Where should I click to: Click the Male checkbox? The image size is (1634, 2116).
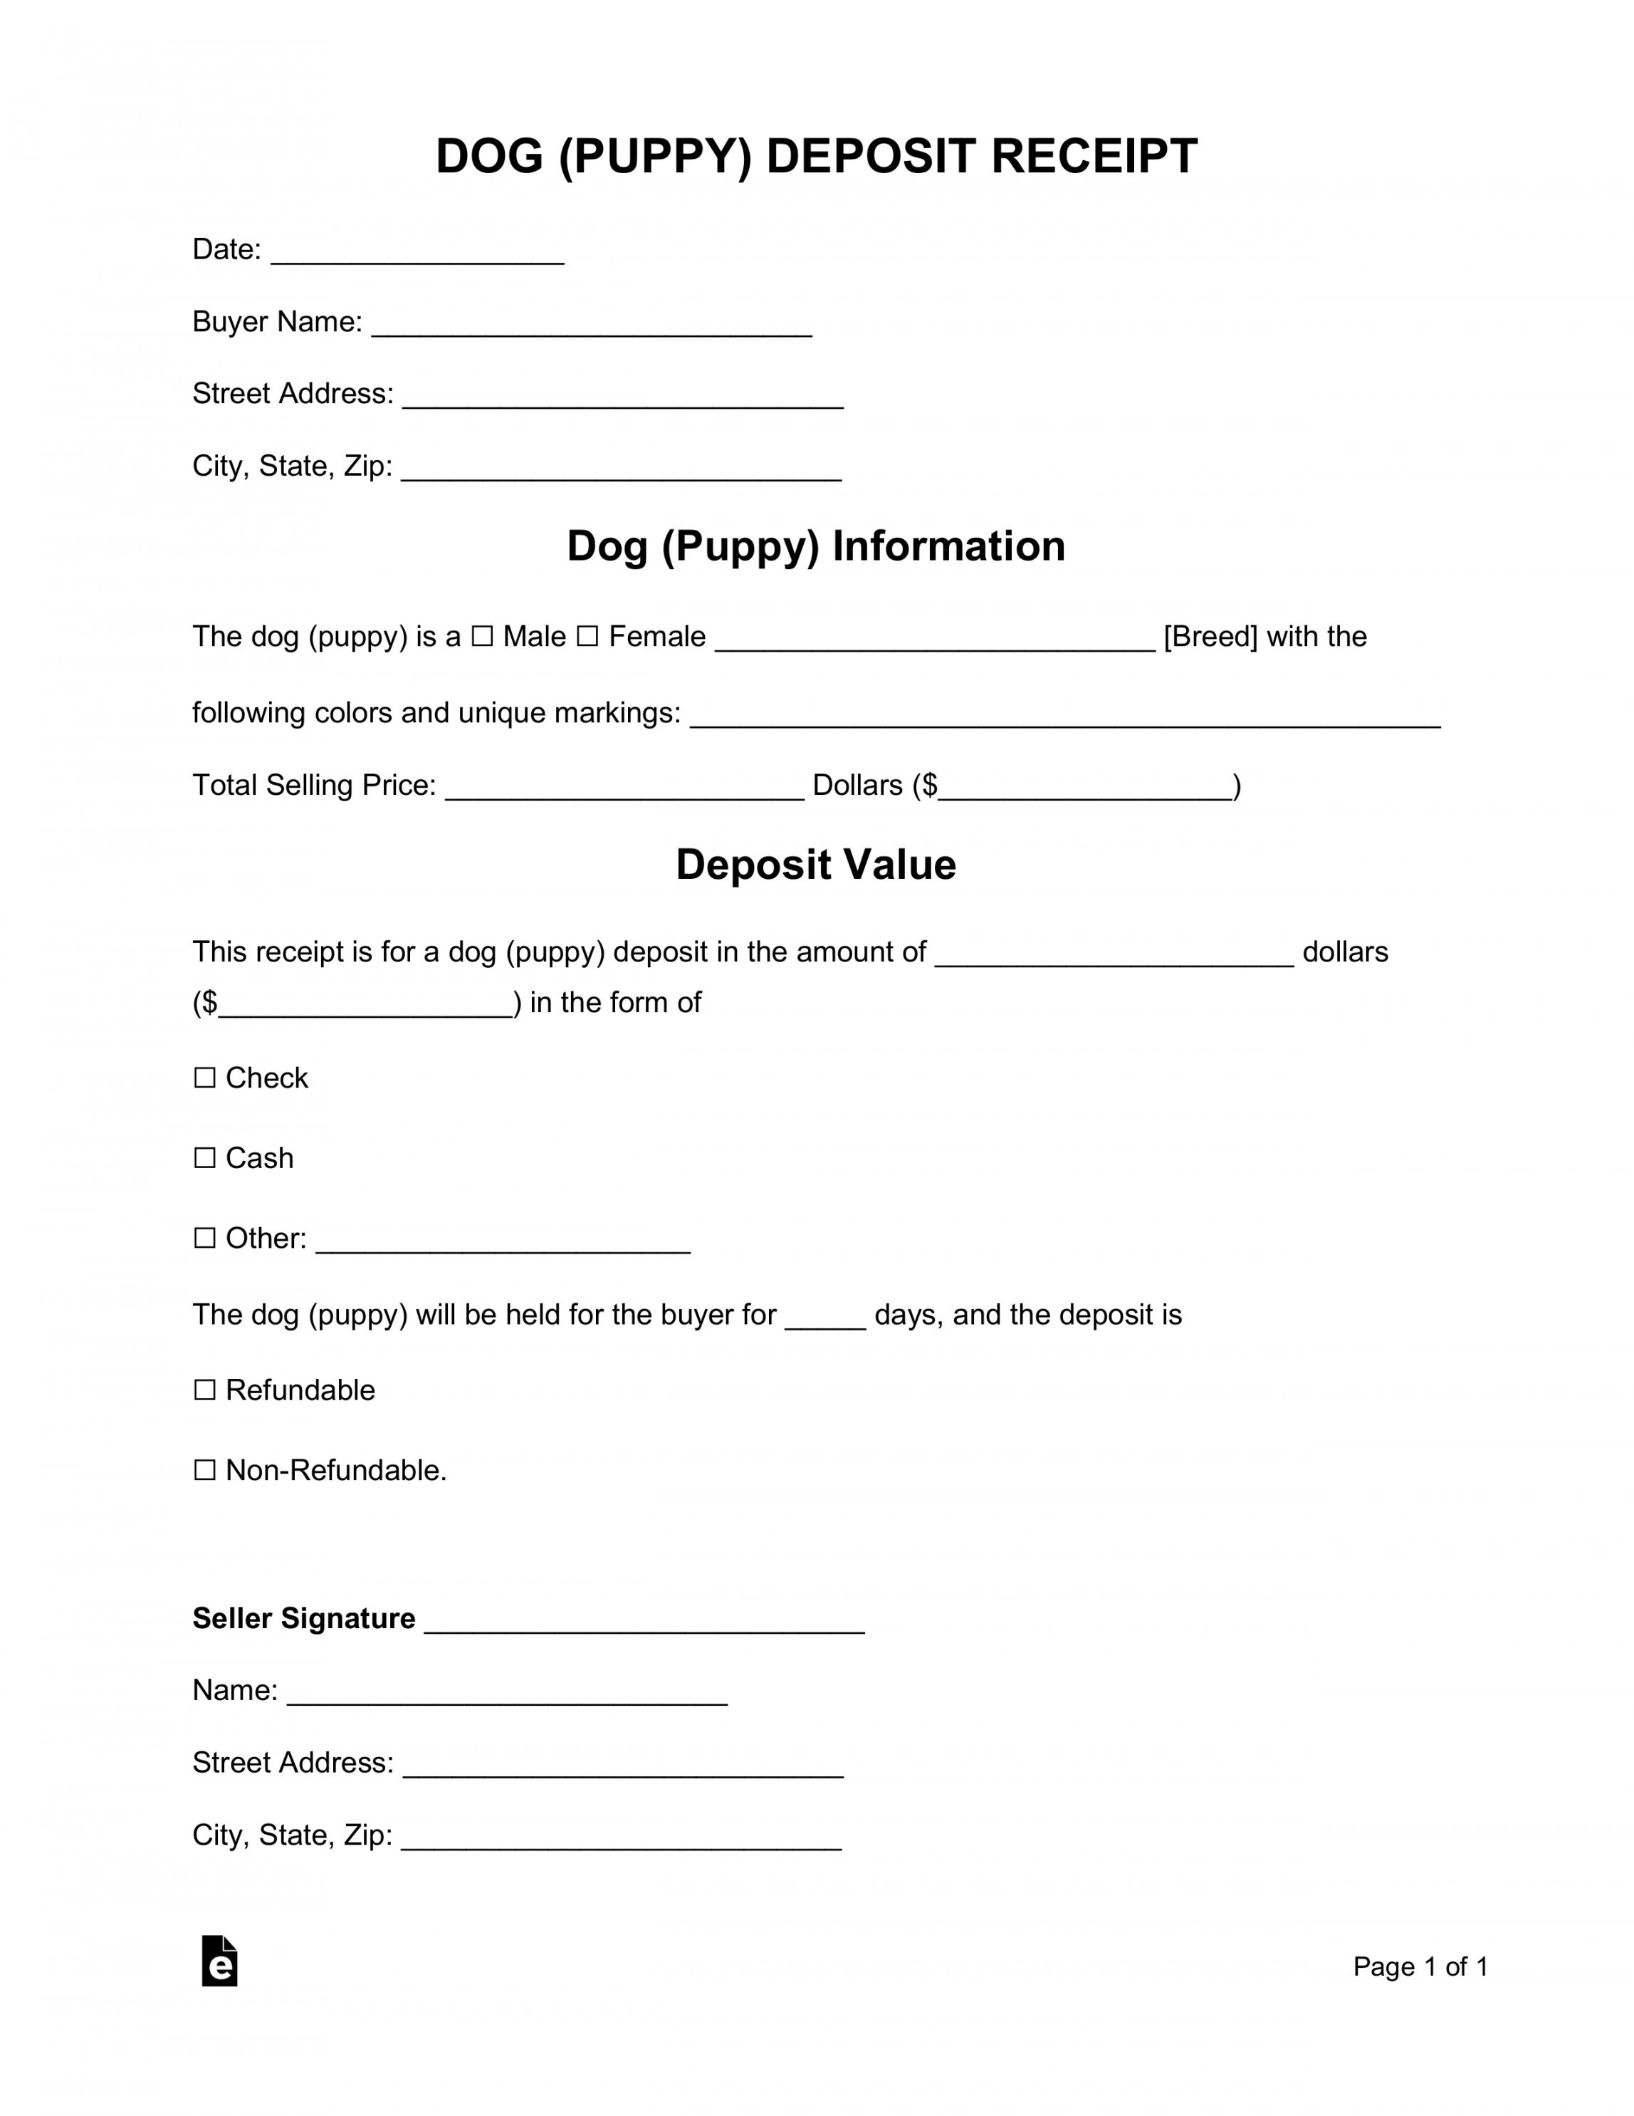click(481, 637)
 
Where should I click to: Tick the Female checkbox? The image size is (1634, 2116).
click(587, 637)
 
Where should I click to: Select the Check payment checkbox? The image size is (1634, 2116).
click(204, 1078)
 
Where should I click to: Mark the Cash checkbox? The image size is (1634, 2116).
click(204, 1158)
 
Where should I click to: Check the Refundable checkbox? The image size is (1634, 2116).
click(204, 1390)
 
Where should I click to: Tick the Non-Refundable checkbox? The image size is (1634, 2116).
click(204, 1470)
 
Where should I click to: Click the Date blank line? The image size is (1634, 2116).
click(417, 254)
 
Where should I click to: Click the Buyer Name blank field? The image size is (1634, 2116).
click(591, 326)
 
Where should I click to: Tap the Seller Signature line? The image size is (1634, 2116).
click(644, 1623)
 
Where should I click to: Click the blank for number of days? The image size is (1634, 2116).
click(824, 1320)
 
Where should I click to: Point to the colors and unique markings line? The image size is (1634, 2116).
click(1064, 717)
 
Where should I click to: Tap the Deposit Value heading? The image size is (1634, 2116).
click(815, 864)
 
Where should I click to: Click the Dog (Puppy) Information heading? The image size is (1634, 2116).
click(815, 546)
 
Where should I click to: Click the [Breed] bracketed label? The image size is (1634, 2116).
click(1210, 637)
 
